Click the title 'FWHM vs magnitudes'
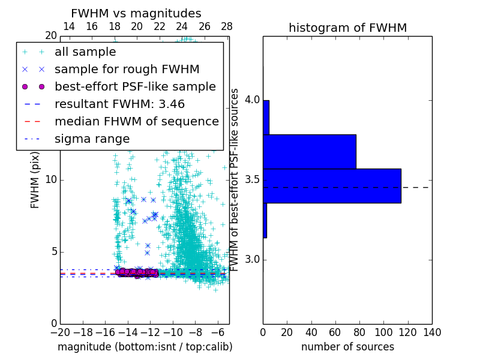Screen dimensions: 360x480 point(136,13)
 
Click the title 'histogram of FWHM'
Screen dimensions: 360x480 point(347,28)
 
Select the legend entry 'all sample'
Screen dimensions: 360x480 point(85,52)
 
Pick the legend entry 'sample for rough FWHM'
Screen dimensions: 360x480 point(127,70)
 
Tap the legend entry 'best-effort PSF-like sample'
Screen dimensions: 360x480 point(135,86)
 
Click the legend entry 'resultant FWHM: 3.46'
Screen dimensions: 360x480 point(119,104)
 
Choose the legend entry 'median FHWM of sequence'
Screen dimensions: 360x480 point(136,122)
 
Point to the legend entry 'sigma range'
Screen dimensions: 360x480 point(92,139)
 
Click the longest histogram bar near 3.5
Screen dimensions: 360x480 point(332,186)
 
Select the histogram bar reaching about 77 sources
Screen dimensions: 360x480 point(310,151)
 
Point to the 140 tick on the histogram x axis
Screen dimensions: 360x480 point(431,332)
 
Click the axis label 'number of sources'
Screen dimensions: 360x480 point(347,347)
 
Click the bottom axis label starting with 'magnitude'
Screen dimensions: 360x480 point(145,347)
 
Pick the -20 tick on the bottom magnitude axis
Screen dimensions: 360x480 point(60,332)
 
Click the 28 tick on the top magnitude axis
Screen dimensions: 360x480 point(226,26)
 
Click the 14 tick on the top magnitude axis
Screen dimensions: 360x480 point(69,26)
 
